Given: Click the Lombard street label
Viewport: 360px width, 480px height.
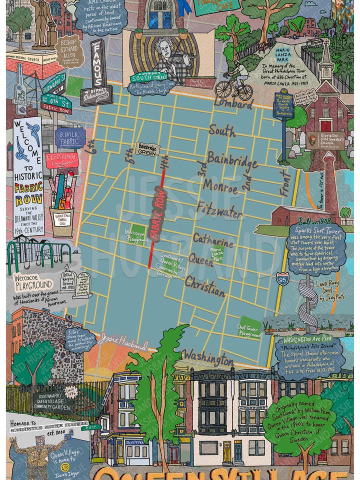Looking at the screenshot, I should (x=233, y=103).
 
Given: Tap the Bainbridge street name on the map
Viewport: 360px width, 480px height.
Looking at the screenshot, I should (x=232, y=160).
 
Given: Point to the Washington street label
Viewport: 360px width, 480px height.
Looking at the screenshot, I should (x=207, y=357).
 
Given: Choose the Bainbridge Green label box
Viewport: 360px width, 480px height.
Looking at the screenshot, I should (x=147, y=148).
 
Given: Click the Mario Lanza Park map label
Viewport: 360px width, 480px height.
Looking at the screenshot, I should (x=216, y=254).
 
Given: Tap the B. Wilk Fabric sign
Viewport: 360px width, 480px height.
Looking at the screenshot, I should (x=69, y=137).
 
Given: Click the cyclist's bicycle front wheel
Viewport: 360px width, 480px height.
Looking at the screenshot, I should (x=245, y=91).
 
